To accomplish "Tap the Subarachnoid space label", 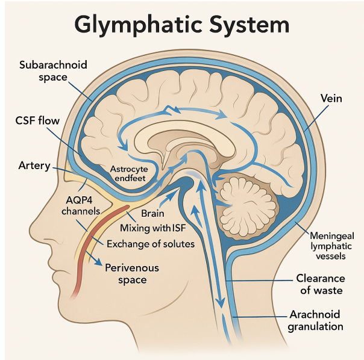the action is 53,71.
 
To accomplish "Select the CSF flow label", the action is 37,120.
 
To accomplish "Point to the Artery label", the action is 34,166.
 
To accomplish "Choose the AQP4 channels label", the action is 81,205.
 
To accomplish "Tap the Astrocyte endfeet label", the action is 129,173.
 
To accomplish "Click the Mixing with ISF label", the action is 153,228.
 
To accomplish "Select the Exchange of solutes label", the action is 151,244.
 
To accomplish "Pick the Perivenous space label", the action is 132,274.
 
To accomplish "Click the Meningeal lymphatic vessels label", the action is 331,246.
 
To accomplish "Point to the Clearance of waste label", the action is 321,284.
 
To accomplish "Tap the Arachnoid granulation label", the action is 315,320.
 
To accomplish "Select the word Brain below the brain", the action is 152,213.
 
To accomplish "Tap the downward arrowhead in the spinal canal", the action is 221,303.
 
